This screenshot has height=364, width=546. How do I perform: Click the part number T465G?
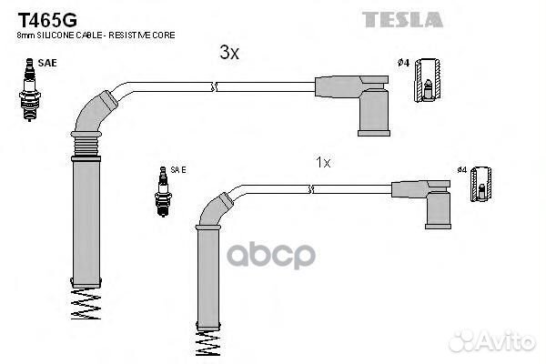tap(47, 20)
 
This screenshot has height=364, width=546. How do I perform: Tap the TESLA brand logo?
tap(402, 19)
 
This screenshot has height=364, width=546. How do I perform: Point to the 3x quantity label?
tap(229, 53)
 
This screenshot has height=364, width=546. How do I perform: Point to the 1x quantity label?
tap(323, 162)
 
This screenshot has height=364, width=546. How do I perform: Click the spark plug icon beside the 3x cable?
tap(30, 90)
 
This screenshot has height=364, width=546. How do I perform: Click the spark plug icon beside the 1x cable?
tap(163, 191)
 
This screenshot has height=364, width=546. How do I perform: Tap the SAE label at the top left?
tap(47, 63)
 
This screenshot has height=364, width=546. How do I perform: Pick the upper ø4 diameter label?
tap(403, 63)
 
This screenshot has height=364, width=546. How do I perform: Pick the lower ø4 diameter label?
tap(461, 169)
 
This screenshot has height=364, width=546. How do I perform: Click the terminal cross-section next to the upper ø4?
tap(428, 80)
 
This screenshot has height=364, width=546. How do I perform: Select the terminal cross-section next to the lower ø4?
tap(480, 184)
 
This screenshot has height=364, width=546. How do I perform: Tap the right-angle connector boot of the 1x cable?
tap(429, 203)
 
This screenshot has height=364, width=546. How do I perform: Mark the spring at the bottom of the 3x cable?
tap(86, 303)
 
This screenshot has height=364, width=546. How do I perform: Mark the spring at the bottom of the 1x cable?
tap(207, 343)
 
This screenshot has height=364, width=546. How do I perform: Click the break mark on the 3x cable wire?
tap(214, 87)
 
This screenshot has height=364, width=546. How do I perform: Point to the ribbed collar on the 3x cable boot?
tap(86, 146)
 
